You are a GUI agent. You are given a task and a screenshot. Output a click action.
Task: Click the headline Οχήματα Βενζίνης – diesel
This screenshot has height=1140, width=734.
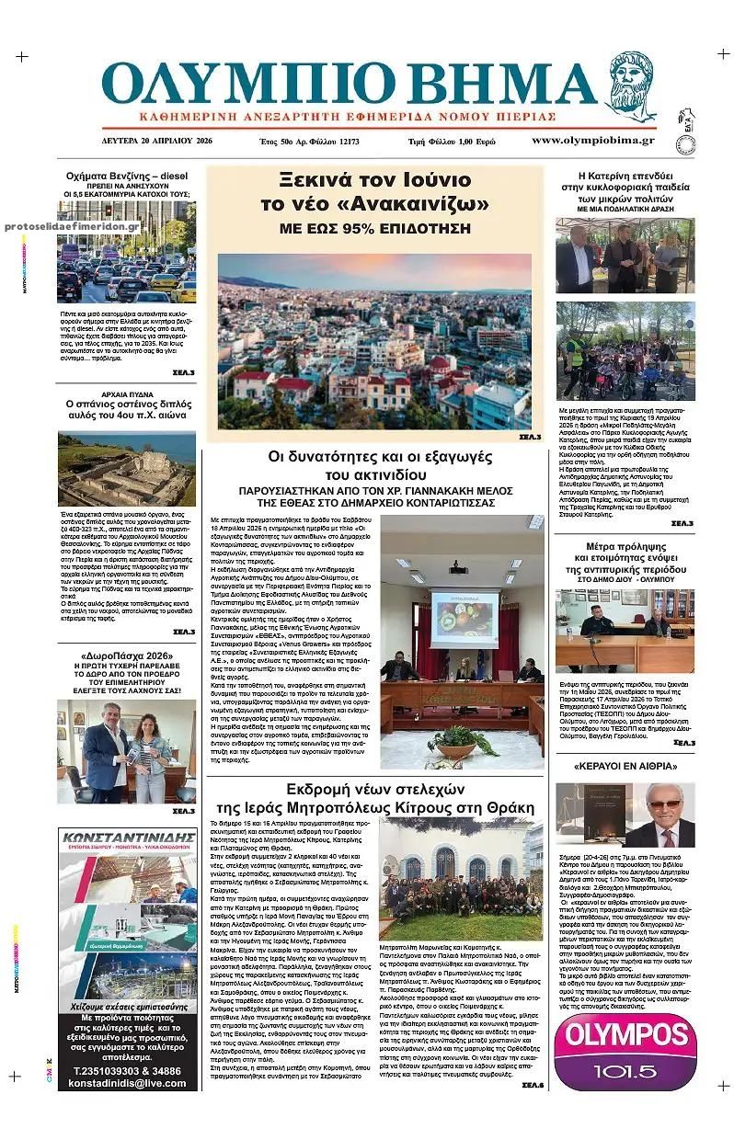[126, 175]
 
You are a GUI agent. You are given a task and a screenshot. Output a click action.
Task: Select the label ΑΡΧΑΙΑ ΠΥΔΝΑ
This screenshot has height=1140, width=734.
[126, 392]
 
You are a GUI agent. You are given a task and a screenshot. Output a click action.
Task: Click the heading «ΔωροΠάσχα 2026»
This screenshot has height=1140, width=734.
[126, 655]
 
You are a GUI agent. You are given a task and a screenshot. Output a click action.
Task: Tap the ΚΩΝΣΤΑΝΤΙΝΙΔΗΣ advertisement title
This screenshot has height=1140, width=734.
[127, 838]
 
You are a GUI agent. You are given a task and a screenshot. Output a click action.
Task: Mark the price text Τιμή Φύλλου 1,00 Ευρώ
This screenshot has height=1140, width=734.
[452, 142]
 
